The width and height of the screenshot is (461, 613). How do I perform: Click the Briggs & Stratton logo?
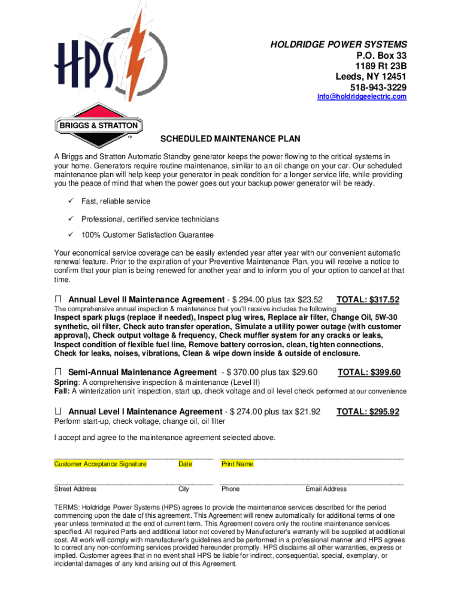pos(99,126)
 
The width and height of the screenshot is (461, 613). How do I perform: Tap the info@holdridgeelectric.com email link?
pos(362,97)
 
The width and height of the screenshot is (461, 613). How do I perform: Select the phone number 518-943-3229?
pos(378,87)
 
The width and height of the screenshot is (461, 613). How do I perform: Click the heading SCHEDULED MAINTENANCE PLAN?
pos(230,139)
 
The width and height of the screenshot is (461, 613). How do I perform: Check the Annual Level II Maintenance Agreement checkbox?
pos(58,299)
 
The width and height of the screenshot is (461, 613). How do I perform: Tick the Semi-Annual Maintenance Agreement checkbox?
pos(58,372)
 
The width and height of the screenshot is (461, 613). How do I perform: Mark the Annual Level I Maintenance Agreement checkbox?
pos(58,412)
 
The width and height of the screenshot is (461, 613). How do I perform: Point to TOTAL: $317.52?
pos(368,299)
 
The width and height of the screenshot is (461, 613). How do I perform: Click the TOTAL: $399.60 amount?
pos(369,372)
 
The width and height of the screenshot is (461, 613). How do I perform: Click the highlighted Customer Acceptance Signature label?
pos(100,464)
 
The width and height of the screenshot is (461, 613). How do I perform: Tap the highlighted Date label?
pos(186,464)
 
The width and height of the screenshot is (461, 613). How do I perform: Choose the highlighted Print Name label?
pos(237,464)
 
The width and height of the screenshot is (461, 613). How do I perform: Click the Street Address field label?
pos(75,489)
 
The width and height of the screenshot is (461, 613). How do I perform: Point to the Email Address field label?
pos(326,489)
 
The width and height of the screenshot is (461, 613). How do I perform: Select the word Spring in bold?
pos(66,383)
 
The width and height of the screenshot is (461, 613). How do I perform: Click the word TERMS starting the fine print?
pos(66,506)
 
